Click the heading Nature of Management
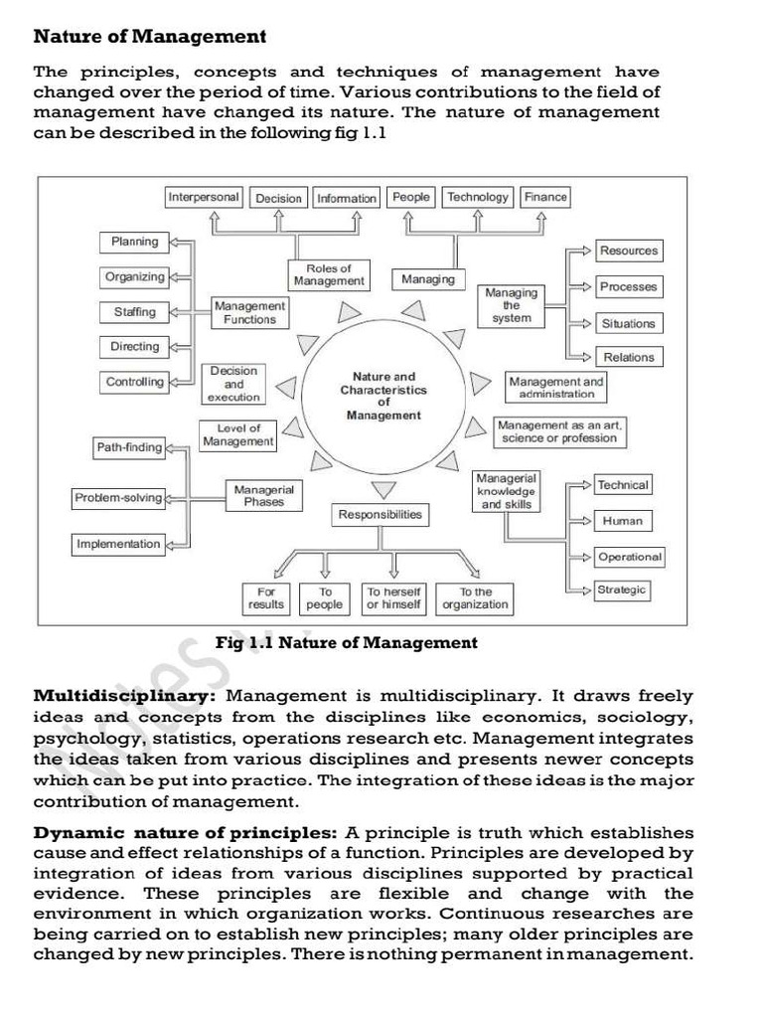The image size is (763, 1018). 150,37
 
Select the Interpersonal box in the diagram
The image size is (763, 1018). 204,197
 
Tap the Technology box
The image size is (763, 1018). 478,197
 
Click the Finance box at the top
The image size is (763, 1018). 545,197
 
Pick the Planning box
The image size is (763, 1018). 135,242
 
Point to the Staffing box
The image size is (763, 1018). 135,311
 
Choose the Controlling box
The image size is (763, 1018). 135,382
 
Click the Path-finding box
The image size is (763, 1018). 129,447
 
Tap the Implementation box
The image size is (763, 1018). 118,544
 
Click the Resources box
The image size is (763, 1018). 629,251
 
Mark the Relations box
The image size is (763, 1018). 629,357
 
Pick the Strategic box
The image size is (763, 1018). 622,590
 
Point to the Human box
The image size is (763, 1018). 623,521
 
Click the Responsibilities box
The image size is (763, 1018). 381,514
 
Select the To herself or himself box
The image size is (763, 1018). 394,597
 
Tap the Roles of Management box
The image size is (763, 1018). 329,275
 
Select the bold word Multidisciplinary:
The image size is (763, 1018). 125,696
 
